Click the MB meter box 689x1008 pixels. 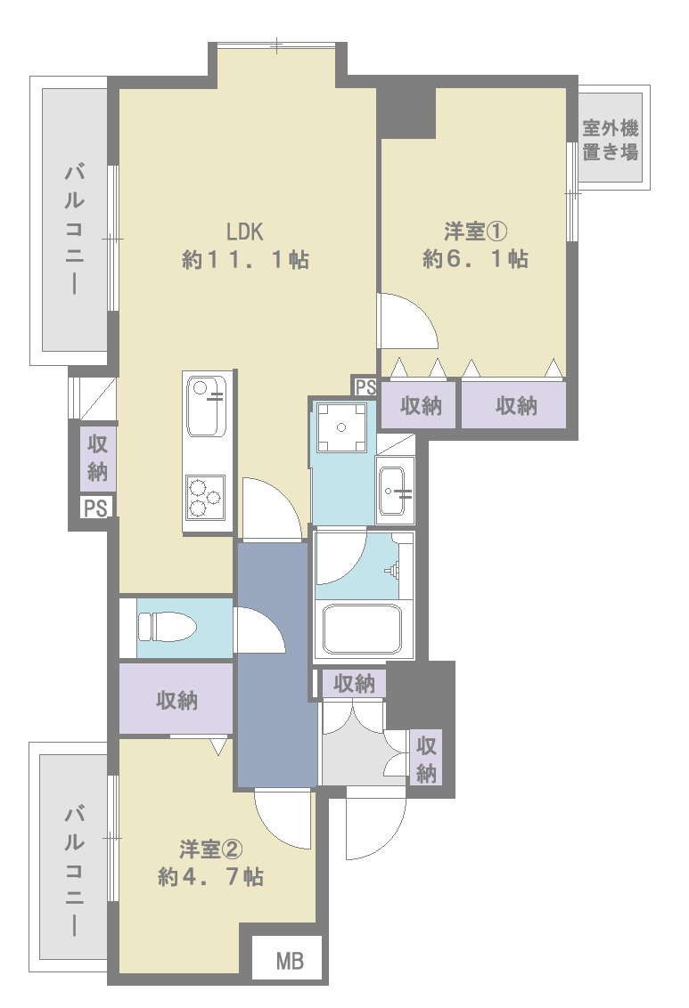pyautogui.click(x=290, y=961)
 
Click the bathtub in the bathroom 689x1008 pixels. pyautogui.click(x=363, y=629)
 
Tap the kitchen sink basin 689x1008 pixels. pyautogui.click(x=206, y=406)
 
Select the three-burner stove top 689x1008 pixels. pyautogui.click(x=206, y=497)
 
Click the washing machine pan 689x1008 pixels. pyautogui.click(x=341, y=427)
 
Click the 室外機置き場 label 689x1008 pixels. pyautogui.click(x=611, y=140)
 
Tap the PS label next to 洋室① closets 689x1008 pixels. pyautogui.click(x=365, y=387)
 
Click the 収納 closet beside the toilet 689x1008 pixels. pyautogui.click(x=176, y=699)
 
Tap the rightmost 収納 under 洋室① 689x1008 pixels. pyautogui.click(x=516, y=405)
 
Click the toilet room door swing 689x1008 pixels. pyautogui.click(x=260, y=630)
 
